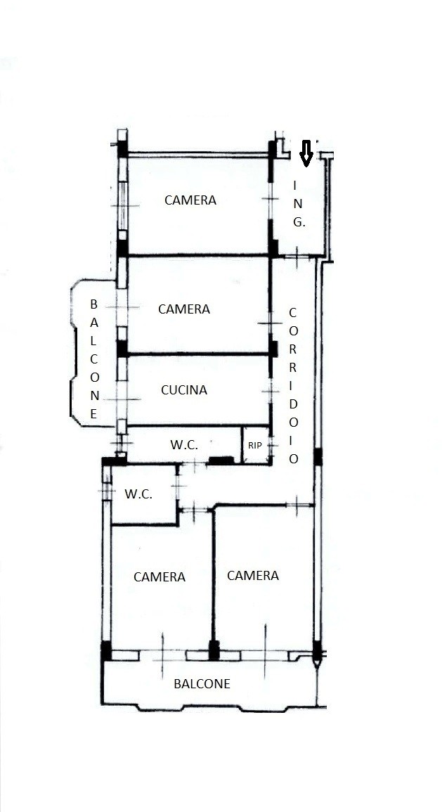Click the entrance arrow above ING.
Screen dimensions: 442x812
pyautogui.click(x=306, y=153)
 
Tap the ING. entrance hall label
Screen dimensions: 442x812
pyautogui.click(x=298, y=203)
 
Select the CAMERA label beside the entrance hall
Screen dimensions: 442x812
pyautogui.click(x=190, y=200)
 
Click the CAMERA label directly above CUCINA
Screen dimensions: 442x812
pyautogui.click(x=183, y=309)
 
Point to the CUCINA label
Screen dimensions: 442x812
pyautogui.click(x=183, y=390)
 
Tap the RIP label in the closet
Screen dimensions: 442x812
pyautogui.click(x=254, y=445)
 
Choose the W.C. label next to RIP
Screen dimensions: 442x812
pyautogui.click(x=183, y=445)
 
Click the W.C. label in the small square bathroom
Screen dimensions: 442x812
pyautogui.click(x=138, y=494)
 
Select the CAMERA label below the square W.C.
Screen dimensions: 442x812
pyautogui.click(x=160, y=577)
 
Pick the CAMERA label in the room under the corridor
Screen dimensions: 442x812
pyautogui.click(x=252, y=575)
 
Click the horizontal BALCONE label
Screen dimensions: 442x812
pyautogui.click(x=202, y=683)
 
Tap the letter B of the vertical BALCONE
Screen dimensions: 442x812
pyautogui.click(x=93, y=304)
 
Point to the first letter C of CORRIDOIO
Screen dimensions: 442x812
pyautogui.click(x=293, y=313)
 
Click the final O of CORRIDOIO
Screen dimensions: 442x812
pyautogui.click(x=294, y=459)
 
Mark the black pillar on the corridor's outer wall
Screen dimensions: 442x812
pyautogui.click(x=318, y=457)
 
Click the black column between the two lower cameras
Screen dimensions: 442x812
pyautogui.click(x=214, y=650)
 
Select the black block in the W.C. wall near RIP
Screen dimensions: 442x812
pyautogui.click(x=221, y=460)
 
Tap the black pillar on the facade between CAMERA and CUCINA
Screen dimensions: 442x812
pyautogui.click(x=122, y=348)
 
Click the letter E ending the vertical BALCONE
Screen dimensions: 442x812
pyautogui.click(x=93, y=414)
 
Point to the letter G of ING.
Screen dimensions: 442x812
pyautogui.click(x=298, y=223)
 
